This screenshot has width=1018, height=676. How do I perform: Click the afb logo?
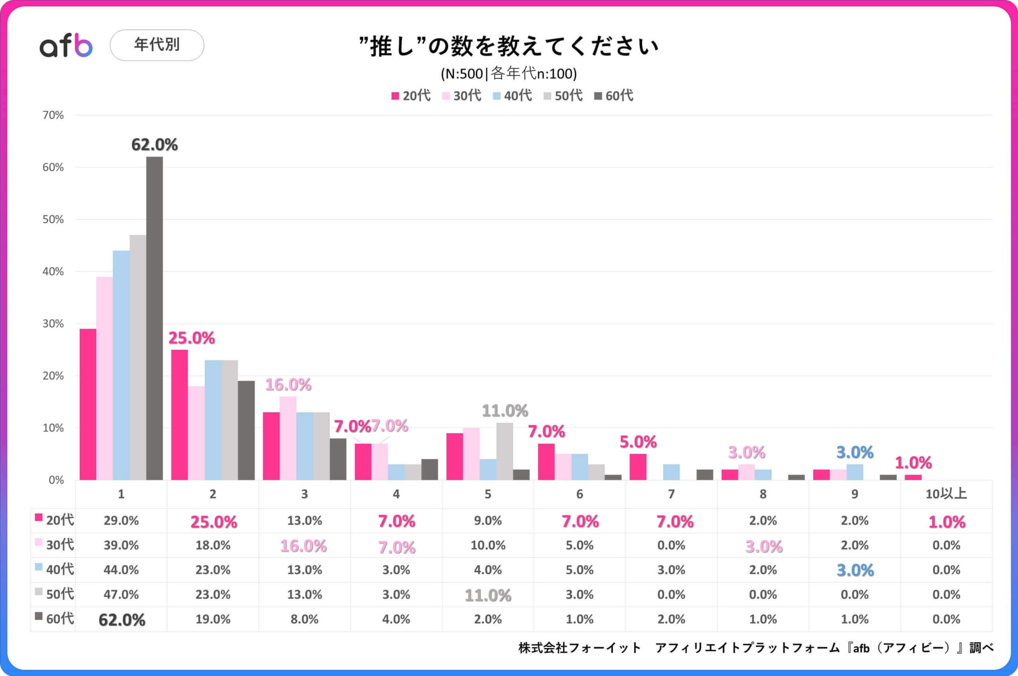click(x=66, y=45)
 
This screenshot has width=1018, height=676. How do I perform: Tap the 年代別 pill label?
click(x=157, y=45)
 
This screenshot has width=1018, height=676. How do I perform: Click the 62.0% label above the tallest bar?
click(x=154, y=145)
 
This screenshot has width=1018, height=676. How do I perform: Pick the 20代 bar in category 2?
click(x=179, y=415)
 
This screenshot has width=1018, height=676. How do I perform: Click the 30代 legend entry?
click(x=462, y=96)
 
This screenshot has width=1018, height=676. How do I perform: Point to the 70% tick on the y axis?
click(x=53, y=115)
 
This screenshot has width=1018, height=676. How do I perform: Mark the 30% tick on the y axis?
click(x=53, y=324)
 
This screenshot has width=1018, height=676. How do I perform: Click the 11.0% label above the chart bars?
click(x=505, y=411)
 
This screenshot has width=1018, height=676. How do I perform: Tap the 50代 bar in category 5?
click(x=505, y=451)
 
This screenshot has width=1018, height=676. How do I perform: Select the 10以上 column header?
click(x=946, y=494)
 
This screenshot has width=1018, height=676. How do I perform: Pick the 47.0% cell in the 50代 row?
click(x=121, y=595)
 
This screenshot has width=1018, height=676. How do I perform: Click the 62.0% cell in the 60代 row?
click(x=122, y=620)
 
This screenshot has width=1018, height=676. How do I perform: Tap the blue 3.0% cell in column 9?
click(x=855, y=570)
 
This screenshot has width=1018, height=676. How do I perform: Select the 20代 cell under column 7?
click(x=675, y=522)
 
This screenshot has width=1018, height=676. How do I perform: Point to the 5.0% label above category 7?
click(x=637, y=442)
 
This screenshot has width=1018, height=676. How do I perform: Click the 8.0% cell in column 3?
click(x=304, y=620)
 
